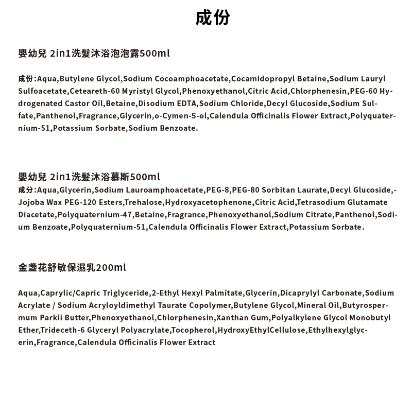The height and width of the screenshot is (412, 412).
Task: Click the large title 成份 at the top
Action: [x=212, y=18]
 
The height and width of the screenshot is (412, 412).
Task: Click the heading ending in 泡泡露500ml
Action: [x=94, y=53]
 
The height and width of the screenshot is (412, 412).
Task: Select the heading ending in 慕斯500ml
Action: [x=89, y=177]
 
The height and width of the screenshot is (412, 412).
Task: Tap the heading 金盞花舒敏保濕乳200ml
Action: [x=72, y=268]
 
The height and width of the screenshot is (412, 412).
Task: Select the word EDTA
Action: [x=186, y=104]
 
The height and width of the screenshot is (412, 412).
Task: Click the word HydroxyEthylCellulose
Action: [x=261, y=330]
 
